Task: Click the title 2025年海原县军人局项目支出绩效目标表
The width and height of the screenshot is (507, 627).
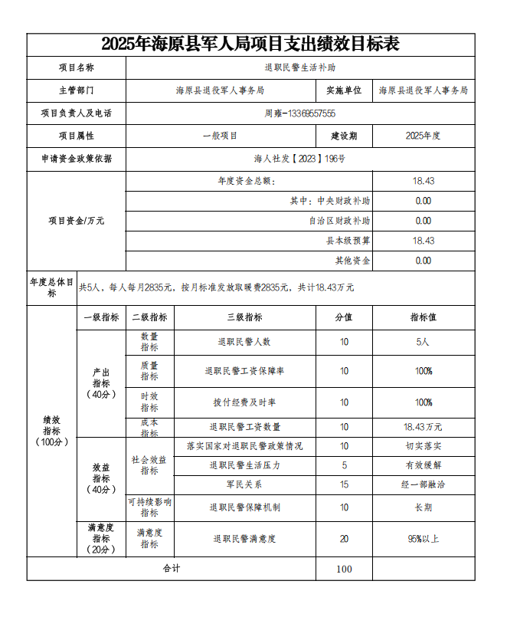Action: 250,44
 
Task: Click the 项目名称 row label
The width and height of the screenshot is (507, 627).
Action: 77,68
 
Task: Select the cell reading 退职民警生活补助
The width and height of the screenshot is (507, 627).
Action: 299,68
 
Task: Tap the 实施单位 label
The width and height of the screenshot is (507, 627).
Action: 344,90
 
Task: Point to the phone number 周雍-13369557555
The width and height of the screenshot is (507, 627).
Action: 299,113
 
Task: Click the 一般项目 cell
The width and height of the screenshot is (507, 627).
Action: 220,136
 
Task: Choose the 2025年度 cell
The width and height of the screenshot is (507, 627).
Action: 423,136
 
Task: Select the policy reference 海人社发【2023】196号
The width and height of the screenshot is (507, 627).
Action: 299,159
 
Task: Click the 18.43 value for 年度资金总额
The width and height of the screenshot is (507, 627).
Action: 423,181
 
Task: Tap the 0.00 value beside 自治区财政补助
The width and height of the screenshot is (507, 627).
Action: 423,221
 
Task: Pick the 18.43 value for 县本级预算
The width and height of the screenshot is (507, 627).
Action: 423,241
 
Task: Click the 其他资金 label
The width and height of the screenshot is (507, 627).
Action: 352,261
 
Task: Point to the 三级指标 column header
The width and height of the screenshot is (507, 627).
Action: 244,317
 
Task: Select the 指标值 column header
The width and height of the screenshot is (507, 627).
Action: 423,317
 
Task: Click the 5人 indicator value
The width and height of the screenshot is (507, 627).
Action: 423,342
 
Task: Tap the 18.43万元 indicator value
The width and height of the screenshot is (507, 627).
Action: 423,427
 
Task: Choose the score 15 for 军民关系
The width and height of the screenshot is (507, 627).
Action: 344,484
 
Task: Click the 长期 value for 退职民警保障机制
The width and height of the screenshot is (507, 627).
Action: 423,507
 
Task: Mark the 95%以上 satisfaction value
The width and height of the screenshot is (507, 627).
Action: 423,539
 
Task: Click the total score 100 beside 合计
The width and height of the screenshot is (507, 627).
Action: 344,569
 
